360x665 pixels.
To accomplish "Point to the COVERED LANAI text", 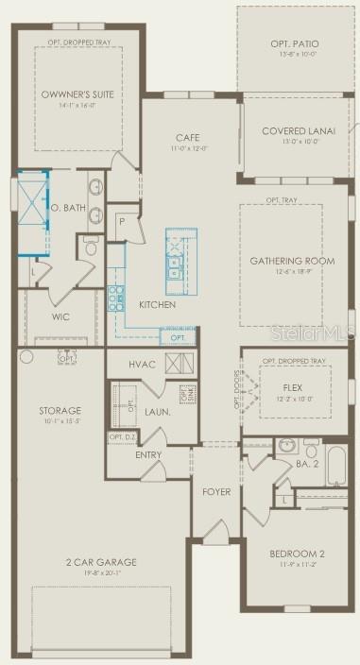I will pyautogui.click(x=296, y=131).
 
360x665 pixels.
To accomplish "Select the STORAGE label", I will pyautogui.click(x=60, y=411).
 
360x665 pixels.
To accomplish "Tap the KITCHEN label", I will pyautogui.click(x=157, y=305).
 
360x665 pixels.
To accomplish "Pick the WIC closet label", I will pyautogui.click(x=60, y=317).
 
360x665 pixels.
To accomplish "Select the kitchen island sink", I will pyautogui.click(x=176, y=274).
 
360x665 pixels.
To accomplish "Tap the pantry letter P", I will pyautogui.click(x=122, y=221).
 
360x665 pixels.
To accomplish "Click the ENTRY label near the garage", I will pyautogui.click(x=148, y=454).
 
